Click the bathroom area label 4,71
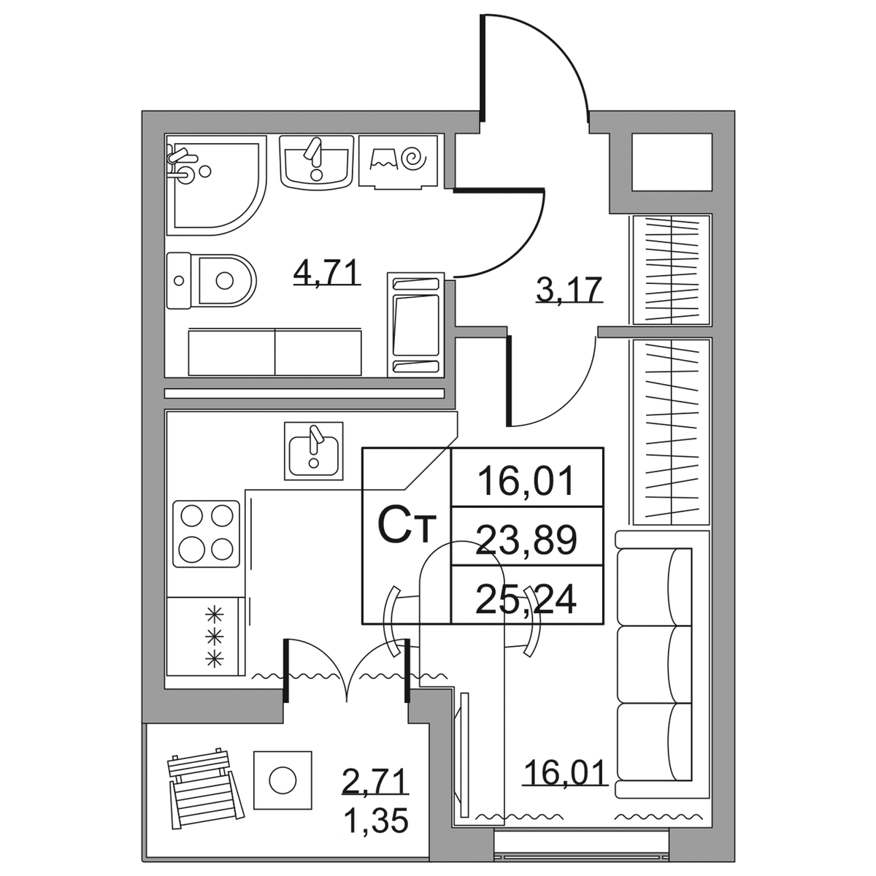(x=327, y=272)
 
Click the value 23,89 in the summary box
(x=526, y=539)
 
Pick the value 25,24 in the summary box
(x=526, y=599)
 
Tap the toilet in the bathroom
(x=211, y=280)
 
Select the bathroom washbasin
(x=316, y=161)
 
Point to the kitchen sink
(x=314, y=450)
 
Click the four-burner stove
(x=207, y=534)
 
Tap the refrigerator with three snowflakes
(x=206, y=636)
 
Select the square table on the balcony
(x=283, y=780)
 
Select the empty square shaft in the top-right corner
(x=672, y=162)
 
